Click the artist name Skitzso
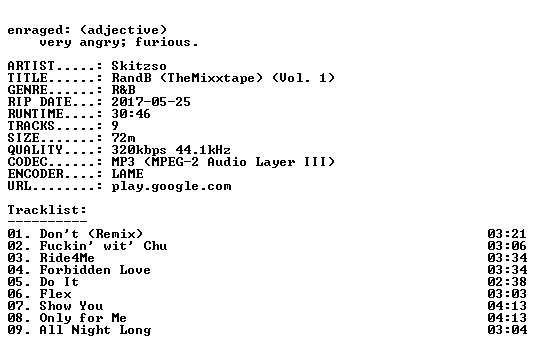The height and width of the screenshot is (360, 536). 139,66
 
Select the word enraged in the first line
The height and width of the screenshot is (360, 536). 35,31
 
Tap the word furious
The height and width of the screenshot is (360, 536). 163,42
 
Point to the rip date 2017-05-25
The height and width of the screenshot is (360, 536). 151,102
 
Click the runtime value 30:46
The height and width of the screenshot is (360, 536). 131,114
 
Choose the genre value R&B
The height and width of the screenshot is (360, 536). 123,90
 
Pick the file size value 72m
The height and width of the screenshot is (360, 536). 123,137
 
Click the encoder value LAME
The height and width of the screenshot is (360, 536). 127,173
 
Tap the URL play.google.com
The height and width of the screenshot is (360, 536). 171,186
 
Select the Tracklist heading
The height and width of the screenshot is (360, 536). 47,210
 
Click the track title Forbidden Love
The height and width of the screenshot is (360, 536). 95,270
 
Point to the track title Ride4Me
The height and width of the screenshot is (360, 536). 67,258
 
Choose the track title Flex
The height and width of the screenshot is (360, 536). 55,294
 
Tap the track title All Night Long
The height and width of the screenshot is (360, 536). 95,330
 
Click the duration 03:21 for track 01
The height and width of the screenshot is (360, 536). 507,234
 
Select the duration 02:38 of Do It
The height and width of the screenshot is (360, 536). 507,282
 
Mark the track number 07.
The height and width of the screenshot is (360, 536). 15,306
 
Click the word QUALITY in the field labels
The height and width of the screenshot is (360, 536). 35,150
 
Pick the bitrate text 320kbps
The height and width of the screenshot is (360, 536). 139,150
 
